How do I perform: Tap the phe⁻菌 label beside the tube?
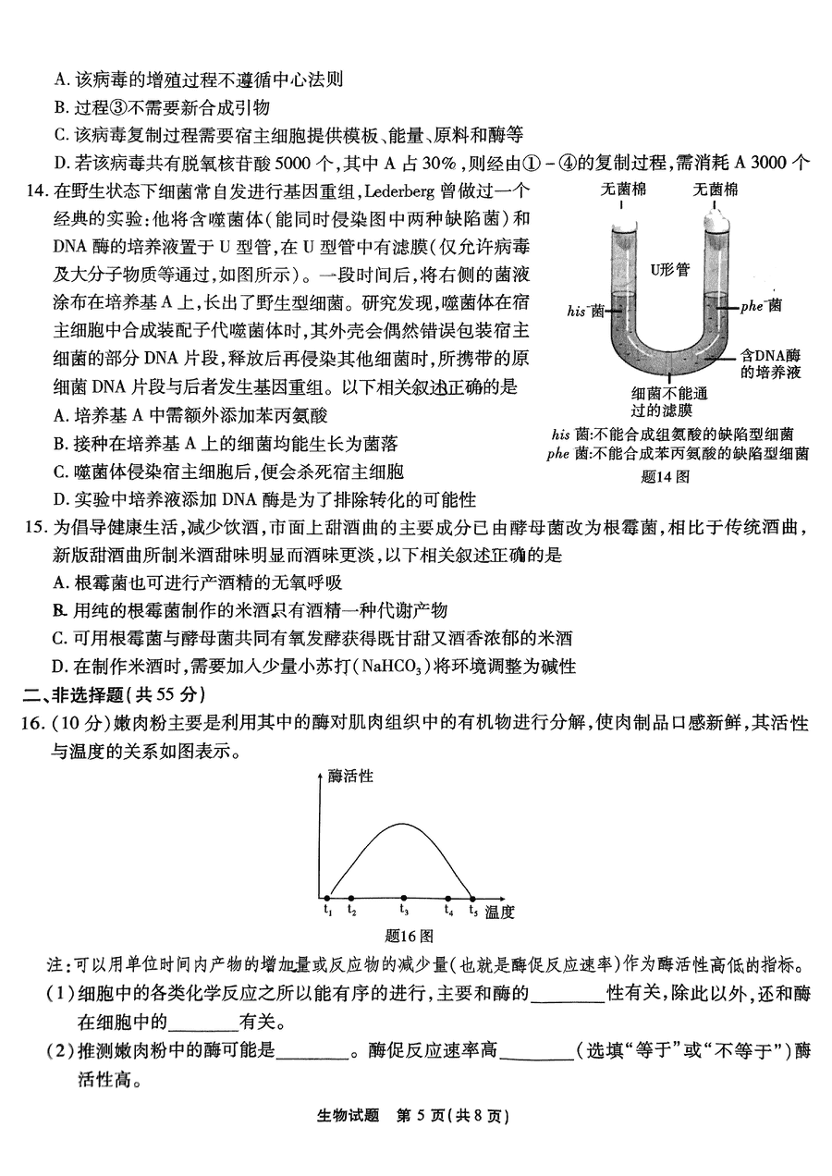coord(760,305)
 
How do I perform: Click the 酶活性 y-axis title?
coord(350,776)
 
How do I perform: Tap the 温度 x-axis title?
coord(499,913)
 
